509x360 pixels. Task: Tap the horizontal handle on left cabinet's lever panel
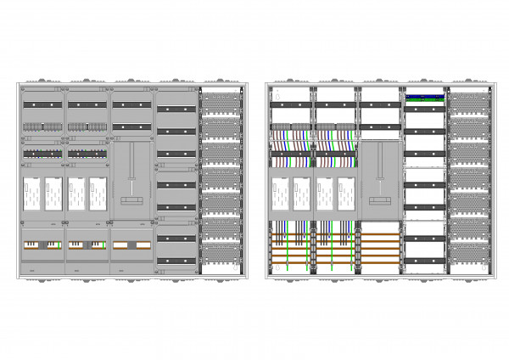[x=131, y=200]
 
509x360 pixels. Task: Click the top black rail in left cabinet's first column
[x=42, y=104]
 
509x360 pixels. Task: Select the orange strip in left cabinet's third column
[x=130, y=245]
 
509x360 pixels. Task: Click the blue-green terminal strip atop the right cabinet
[x=425, y=97]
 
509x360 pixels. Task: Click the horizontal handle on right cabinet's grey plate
[x=380, y=200]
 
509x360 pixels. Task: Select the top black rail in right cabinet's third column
[x=380, y=104]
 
